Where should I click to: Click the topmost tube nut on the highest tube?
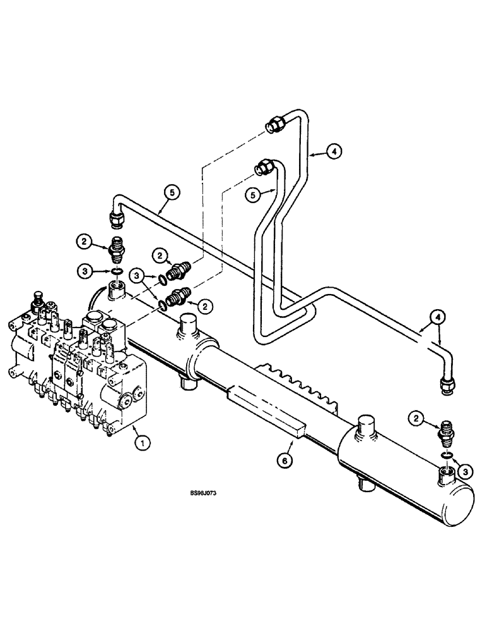275,124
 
